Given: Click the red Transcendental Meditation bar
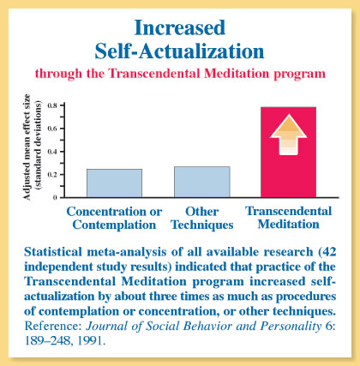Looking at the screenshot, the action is [x=288, y=153].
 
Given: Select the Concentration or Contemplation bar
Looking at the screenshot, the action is [x=114, y=183].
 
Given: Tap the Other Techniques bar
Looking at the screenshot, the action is [x=202, y=182].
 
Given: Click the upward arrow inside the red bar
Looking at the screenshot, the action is [x=288, y=135].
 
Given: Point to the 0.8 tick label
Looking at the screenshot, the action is [x=52, y=105].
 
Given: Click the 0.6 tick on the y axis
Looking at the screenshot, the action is [x=52, y=129].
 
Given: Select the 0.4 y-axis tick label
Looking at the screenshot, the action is [x=52, y=152].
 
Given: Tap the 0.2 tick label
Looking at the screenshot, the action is [x=52, y=175].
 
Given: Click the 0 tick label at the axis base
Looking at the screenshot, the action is [x=55, y=198].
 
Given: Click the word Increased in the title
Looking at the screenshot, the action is [x=180, y=27].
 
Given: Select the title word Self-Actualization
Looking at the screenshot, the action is [x=179, y=51].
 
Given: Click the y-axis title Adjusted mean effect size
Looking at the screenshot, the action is [x=27, y=147].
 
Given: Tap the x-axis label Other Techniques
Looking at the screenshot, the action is [x=202, y=219].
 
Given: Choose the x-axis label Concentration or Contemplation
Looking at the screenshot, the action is [x=114, y=219].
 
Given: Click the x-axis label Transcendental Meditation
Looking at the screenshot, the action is [x=289, y=218].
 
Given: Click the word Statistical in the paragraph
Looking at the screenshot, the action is [x=53, y=252].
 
